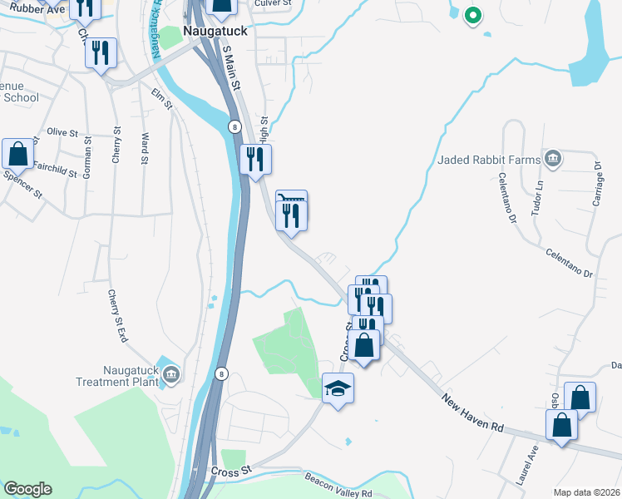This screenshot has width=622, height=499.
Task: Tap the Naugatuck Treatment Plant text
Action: pyautogui.click(x=117, y=376)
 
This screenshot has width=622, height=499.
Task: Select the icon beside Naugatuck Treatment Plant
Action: pyautogui.click(x=170, y=376)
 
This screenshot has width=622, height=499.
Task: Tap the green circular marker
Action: pyautogui.click(x=472, y=14)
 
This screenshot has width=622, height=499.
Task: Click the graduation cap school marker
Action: pyautogui.click(x=338, y=388)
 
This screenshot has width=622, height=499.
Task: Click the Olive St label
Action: pyautogui.click(x=62, y=132)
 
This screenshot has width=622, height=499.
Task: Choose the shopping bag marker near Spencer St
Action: pyautogui.click(x=18, y=154)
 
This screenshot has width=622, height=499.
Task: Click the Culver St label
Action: pyautogui.click(x=273, y=4)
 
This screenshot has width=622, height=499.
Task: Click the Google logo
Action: pyautogui.click(x=27, y=489)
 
